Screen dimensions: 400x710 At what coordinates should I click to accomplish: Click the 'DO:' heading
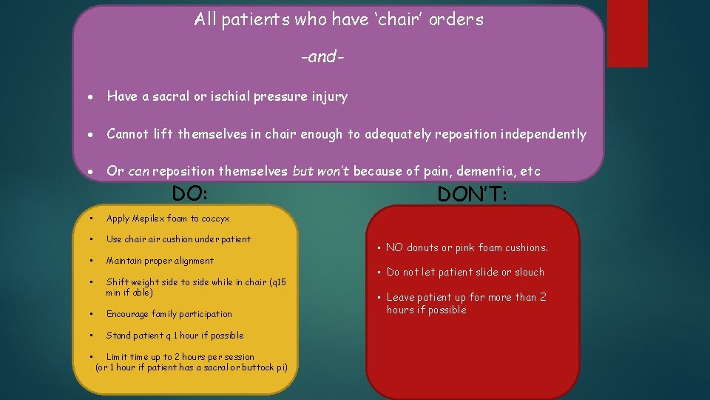(x=189, y=193)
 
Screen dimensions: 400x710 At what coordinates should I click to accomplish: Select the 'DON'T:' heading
(x=472, y=194)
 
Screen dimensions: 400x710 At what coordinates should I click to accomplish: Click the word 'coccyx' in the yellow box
(x=215, y=219)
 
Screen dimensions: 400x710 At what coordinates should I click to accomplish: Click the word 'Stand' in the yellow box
(x=118, y=336)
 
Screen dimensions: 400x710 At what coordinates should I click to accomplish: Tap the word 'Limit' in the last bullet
(x=118, y=357)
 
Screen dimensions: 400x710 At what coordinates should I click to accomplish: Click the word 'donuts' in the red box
(x=422, y=247)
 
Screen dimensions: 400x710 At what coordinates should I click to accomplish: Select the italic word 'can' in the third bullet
(x=138, y=171)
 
